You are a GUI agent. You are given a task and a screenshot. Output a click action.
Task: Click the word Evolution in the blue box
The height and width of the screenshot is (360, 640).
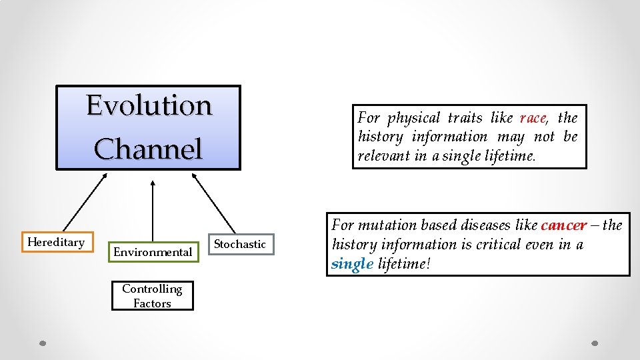click(x=149, y=106)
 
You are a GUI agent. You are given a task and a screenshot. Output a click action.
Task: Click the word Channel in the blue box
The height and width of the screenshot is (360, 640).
click(x=148, y=149)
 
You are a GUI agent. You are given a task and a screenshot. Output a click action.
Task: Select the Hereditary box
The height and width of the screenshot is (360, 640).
click(x=56, y=242)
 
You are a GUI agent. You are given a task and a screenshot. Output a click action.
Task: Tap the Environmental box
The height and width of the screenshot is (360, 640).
click(x=153, y=252)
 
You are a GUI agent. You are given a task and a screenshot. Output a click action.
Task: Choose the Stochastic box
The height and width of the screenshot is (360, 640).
click(x=240, y=245)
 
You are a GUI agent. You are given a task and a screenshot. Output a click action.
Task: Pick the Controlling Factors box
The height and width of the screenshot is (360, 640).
click(x=152, y=296)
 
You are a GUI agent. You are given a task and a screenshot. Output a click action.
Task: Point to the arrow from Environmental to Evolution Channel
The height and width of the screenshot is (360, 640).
click(x=153, y=210)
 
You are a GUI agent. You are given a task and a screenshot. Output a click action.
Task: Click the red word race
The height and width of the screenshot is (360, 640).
click(x=533, y=119)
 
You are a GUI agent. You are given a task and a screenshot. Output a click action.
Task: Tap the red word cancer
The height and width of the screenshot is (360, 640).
click(x=564, y=225)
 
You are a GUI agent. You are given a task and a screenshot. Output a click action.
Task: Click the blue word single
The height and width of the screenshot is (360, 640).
click(x=352, y=264)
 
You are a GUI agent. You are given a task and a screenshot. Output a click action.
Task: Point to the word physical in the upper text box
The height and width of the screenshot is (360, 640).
click(x=414, y=119)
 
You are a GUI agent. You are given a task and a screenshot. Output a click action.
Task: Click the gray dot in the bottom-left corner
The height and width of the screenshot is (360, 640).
click(x=41, y=343)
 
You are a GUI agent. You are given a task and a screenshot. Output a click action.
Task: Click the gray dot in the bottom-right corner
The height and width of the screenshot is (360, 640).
click(x=595, y=343)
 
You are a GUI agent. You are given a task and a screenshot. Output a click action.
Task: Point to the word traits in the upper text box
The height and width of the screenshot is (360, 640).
click(x=465, y=119)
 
